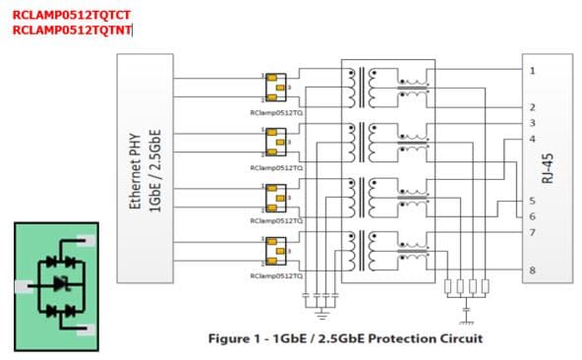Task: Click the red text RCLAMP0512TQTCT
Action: (72, 14)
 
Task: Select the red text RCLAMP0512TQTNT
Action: (72, 30)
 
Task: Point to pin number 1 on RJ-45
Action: (532, 71)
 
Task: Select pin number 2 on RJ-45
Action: (532, 106)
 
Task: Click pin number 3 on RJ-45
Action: (532, 123)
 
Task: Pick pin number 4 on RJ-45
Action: (532, 139)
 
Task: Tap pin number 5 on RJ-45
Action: (532, 202)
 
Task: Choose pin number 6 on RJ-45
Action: (532, 216)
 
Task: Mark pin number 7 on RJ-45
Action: (532, 233)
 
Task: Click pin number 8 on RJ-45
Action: (532, 270)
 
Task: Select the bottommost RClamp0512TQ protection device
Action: (275, 252)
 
